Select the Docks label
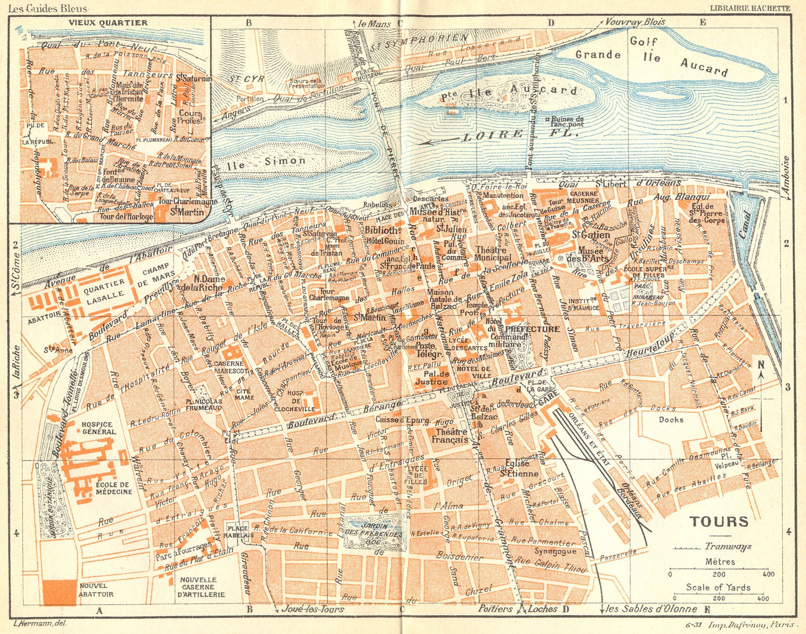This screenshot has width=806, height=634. click(671, 419)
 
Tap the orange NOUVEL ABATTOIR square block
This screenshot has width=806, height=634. click(59, 592)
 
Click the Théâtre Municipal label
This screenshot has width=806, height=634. click(493, 254)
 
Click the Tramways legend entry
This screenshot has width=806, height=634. click(728, 546)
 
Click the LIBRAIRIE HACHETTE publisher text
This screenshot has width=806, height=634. click(750, 8)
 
